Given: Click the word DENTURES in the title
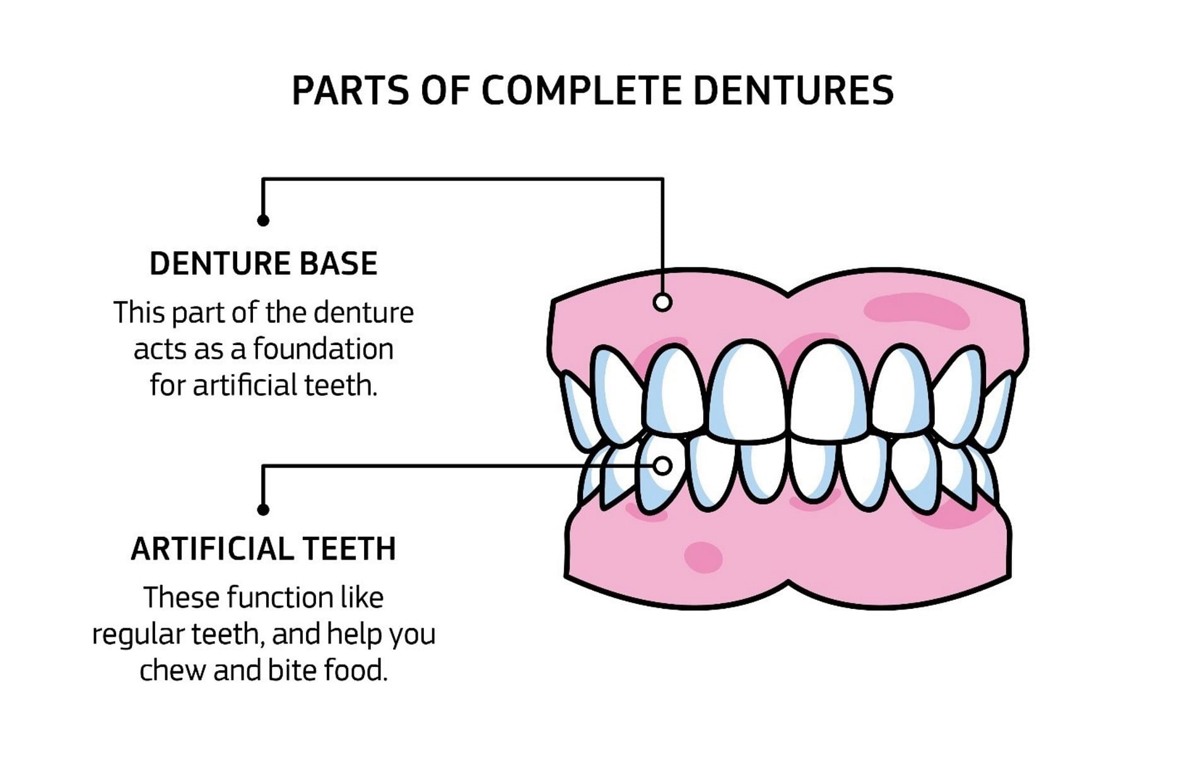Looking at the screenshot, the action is point(793,90).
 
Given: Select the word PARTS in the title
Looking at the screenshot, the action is point(351,90).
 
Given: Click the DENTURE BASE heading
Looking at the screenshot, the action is point(264,263).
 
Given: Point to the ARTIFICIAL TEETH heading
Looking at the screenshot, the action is point(264,548).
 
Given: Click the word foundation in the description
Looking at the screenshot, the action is point(324,348).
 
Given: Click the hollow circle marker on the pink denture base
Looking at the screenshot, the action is point(662,302).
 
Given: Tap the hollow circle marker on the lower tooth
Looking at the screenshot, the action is point(662,466).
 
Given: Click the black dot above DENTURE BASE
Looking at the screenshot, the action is point(263,220).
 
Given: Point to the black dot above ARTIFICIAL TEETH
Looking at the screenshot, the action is point(263,509).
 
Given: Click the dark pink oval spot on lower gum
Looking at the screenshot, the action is point(703,557).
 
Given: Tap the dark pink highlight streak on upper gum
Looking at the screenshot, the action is point(917,312).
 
